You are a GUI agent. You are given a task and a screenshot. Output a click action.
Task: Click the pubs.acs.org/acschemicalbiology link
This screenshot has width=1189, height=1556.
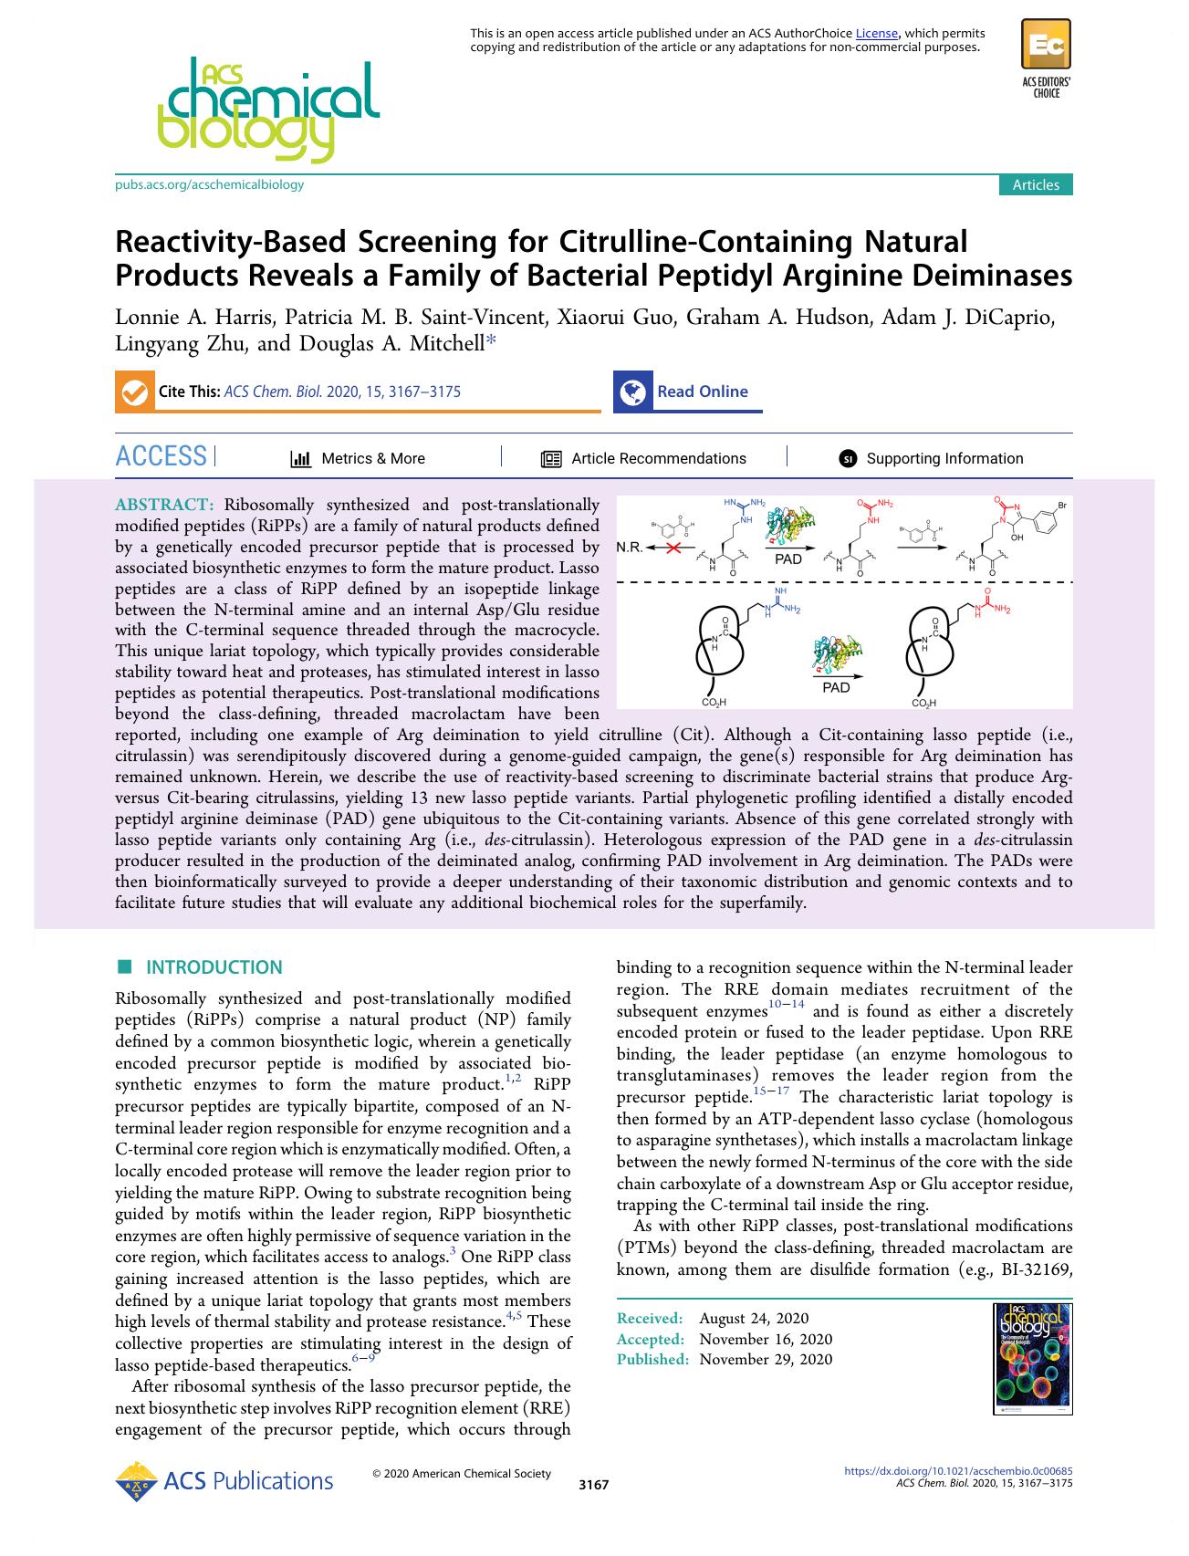point(209,184)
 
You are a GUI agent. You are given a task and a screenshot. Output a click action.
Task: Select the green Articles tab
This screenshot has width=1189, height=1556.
point(1036,184)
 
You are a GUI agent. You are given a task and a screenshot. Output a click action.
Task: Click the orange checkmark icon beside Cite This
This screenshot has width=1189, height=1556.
point(133,392)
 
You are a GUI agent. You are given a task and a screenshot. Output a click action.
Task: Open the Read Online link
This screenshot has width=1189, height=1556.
point(702,392)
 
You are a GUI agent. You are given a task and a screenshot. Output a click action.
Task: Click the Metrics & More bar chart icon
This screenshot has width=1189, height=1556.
point(300,459)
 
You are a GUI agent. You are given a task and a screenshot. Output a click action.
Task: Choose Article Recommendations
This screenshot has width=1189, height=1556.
point(658,459)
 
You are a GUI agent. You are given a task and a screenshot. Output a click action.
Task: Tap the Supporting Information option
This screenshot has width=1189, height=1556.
point(944,459)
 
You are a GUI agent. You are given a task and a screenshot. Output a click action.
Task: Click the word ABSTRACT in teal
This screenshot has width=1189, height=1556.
point(164,505)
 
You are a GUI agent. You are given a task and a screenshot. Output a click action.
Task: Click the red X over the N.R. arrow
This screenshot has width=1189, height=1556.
point(673,548)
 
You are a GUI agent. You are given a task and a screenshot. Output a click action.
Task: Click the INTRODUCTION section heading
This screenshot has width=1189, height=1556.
point(214,967)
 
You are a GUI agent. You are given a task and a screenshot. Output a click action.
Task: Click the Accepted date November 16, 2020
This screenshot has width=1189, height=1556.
point(766,1339)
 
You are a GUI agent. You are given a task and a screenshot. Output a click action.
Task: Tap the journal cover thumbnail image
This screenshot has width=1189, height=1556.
point(1032,1358)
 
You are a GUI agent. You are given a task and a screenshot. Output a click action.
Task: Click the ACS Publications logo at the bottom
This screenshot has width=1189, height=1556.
point(224,1481)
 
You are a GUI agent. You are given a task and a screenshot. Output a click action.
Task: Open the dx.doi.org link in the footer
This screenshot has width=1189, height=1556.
point(958,1471)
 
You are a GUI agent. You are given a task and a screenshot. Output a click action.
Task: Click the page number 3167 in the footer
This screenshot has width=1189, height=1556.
point(593,1485)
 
